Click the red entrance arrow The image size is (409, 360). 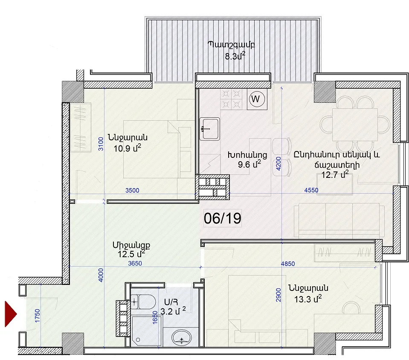pyautogui.click(x=11, y=314)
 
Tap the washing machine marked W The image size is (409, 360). pyautogui.click(x=257, y=99)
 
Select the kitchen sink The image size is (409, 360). pyautogui.click(x=209, y=129)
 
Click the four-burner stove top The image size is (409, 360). pyautogui.click(x=231, y=99)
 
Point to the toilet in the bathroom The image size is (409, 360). pyautogui.click(x=143, y=302)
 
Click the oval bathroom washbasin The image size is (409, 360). pyautogui.click(x=182, y=337)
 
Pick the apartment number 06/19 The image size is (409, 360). pyautogui.click(x=223, y=218)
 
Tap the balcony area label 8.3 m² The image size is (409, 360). pyautogui.click(x=235, y=56)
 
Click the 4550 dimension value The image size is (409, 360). pyautogui.click(x=311, y=190)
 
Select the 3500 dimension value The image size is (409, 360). pyautogui.click(x=132, y=190)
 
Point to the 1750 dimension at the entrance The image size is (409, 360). pyautogui.click(x=38, y=316)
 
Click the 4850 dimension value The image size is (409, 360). pyautogui.click(x=288, y=264)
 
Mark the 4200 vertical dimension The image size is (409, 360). pyautogui.click(x=278, y=163)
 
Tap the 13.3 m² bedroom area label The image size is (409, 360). pyautogui.click(x=308, y=299)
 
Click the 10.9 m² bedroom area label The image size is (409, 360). pyautogui.click(x=127, y=148)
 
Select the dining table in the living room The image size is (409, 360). pyautogui.click(x=355, y=125)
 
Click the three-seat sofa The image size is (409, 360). pyautogui.click(x=339, y=221)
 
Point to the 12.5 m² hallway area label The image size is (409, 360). pyautogui.click(x=131, y=254)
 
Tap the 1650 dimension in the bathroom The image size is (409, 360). pyautogui.click(x=155, y=317)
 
